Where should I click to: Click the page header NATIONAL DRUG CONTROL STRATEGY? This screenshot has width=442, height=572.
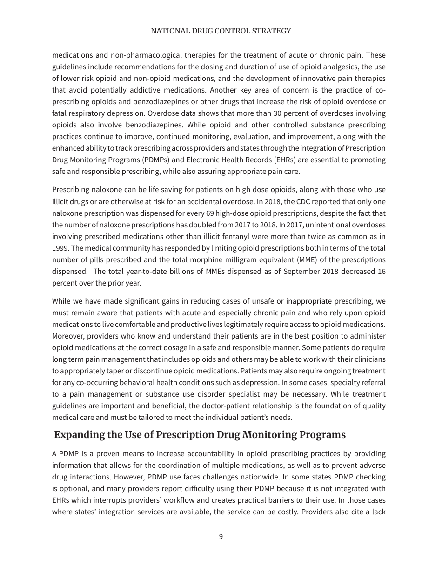221,31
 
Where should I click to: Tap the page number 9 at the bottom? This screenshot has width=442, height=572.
221,537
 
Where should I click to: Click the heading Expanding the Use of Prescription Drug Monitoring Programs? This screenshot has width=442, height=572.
200,435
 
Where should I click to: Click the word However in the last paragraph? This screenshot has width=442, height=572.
117,477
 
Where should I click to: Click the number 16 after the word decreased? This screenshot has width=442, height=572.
381,271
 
